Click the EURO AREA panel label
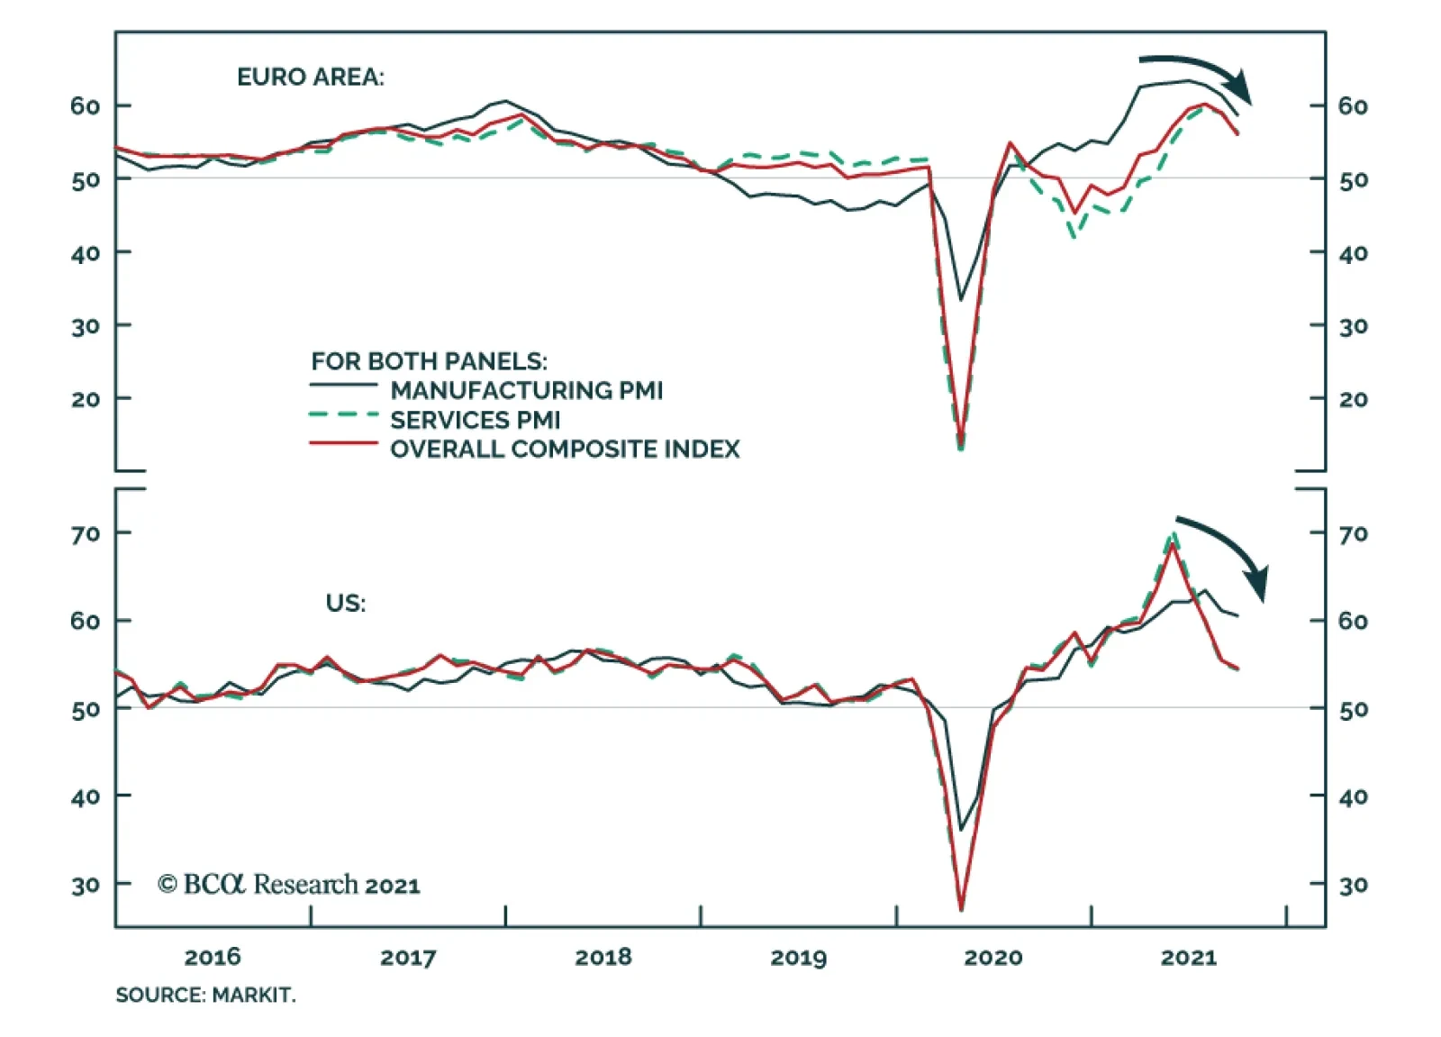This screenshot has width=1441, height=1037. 310,77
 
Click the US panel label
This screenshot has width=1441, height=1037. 346,603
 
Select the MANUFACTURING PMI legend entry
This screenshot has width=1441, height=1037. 526,390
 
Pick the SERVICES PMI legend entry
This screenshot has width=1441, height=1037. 475,420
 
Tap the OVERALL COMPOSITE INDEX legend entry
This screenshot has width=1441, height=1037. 565,449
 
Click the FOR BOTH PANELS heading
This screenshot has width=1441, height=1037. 429,361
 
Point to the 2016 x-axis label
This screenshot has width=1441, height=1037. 213,957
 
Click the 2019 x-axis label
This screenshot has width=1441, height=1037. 798,957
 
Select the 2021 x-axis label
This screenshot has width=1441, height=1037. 1188,957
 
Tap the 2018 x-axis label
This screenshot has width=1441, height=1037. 603,957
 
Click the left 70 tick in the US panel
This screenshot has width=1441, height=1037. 86,534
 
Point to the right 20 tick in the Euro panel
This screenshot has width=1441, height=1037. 1353,399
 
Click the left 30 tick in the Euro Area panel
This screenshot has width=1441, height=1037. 86,326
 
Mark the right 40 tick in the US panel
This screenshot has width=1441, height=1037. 1353,796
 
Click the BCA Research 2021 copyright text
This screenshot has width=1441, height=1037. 288,885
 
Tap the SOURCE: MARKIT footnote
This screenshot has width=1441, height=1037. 205,995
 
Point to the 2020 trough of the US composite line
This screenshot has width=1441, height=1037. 962,908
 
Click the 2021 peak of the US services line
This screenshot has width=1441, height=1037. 1173,533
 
